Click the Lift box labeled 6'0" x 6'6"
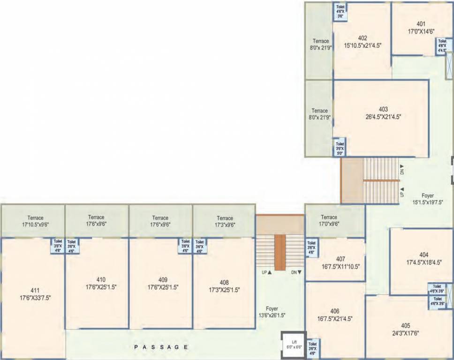click(293, 345)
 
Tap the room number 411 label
click(35, 291)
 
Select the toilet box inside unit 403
click(340, 148)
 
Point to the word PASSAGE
click(161, 347)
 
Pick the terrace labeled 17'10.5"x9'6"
click(35, 221)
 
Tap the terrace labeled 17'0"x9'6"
click(329, 220)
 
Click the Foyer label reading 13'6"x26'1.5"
click(272, 312)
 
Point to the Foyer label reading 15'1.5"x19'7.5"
click(427, 199)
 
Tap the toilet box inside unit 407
click(311, 247)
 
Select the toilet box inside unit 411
click(58, 246)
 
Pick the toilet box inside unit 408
click(200, 246)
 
